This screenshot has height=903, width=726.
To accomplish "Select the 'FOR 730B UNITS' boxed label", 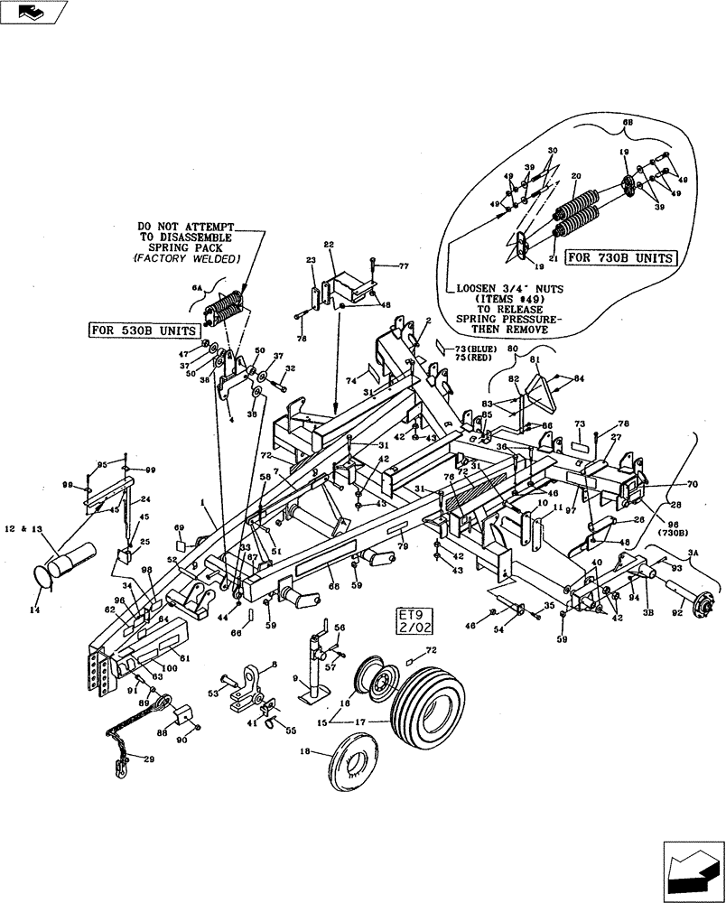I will coord(620,257).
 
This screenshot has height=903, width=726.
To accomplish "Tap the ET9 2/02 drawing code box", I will coord(410,623).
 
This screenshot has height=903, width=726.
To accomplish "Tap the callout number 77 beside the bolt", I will coord(404,266).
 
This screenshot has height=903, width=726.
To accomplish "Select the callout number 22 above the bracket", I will coord(329,246).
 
